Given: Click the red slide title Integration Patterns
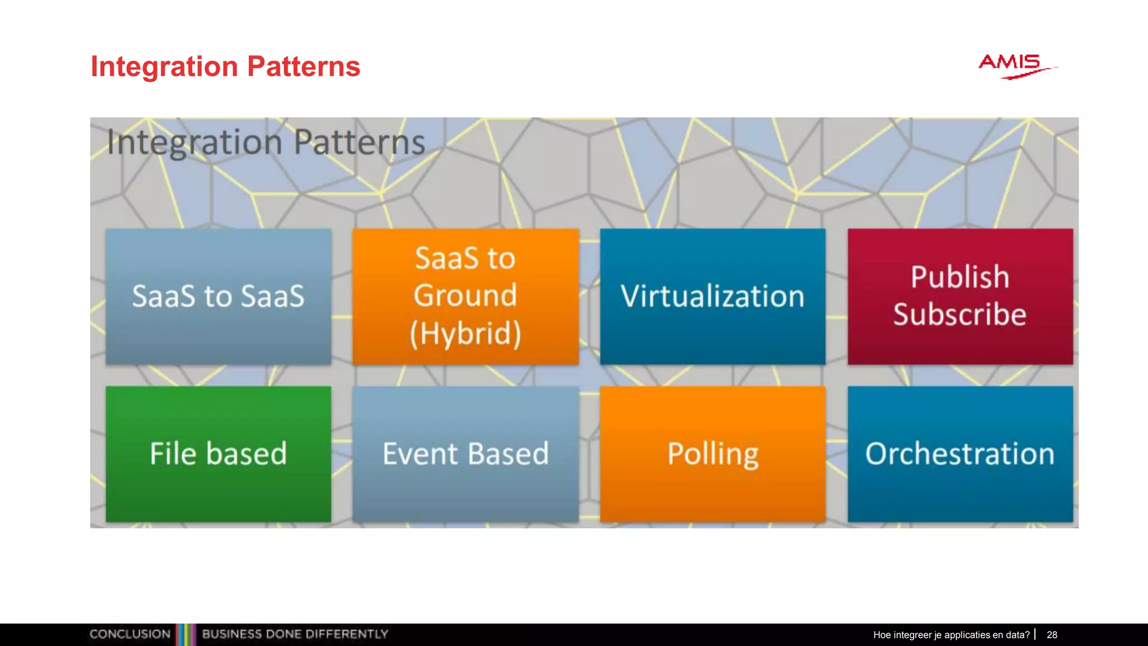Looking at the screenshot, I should [x=225, y=67].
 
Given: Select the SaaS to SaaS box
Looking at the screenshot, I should [x=219, y=296].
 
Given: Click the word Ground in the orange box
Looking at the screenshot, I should [x=465, y=296].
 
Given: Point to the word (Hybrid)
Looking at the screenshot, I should [x=465, y=333].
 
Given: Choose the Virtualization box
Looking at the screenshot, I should [x=712, y=296].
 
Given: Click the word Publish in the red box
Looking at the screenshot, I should [x=960, y=277].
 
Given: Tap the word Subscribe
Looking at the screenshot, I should [x=960, y=314].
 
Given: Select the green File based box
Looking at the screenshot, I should [x=219, y=454].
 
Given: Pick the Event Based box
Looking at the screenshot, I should [x=465, y=454].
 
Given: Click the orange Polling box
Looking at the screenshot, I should [x=712, y=454].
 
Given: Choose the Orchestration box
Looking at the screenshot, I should [x=960, y=454].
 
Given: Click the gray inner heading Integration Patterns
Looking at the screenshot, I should [x=266, y=142].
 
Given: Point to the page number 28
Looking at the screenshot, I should [x=1052, y=635].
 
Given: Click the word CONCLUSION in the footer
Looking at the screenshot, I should [x=130, y=634].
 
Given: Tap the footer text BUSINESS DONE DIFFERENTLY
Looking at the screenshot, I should [x=295, y=634].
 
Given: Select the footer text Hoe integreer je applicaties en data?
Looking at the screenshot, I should [x=951, y=635].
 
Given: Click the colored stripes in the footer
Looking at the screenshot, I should [x=186, y=634].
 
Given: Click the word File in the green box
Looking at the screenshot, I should [x=173, y=454].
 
